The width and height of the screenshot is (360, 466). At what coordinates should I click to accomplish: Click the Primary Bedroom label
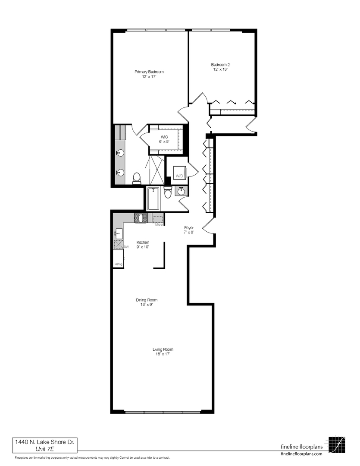pyautogui.click(x=149, y=72)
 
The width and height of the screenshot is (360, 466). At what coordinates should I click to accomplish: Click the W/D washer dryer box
pyautogui.click(x=179, y=176)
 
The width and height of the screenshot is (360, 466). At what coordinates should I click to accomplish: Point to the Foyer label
pyautogui.click(x=189, y=227)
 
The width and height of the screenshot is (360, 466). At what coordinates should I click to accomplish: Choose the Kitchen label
pyautogui.click(x=143, y=242)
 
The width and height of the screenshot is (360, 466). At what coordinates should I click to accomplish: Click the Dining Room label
pyautogui.click(x=147, y=300)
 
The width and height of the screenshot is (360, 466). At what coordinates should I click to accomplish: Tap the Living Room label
pyautogui.click(x=163, y=349)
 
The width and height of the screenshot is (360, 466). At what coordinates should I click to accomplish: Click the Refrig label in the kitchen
pyautogui.click(x=118, y=264)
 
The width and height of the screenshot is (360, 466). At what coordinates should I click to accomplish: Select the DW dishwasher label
pyautogui.click(x=126, y=247)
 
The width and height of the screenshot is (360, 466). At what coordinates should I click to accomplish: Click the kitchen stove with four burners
pyautogui.click(x=141, y=218)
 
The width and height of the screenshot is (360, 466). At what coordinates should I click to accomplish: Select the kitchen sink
pyautogui.click(x=118, y=234)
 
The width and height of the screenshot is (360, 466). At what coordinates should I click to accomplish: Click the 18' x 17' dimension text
pyautogui.click(x=163, y=354)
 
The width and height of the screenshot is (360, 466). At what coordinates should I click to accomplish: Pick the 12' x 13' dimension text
pyautogui.click(x=220, y=69)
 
